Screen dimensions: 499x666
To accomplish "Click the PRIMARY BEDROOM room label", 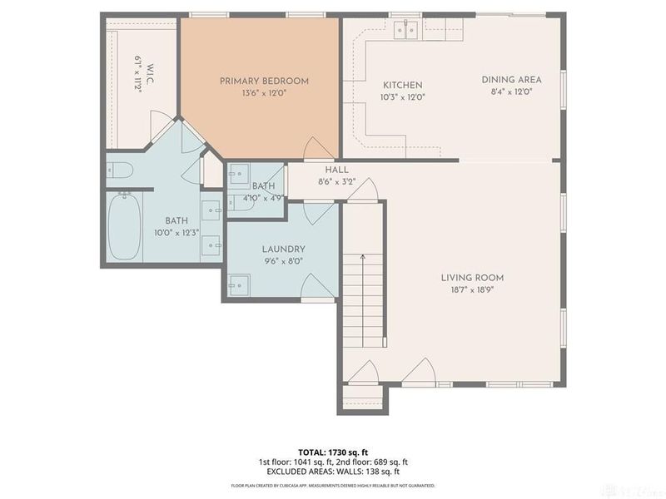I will tap(264, 81).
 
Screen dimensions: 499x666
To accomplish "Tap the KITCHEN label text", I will tap(402, 85).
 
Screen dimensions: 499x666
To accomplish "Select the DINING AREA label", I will tap(511, 80).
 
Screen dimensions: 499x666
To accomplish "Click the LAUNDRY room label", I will tap(283, 249).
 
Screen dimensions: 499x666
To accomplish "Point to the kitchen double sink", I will tap(405, 31).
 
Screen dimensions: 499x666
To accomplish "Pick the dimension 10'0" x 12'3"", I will tap(176, 232).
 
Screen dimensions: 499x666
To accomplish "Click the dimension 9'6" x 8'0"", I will tap(283, 260).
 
